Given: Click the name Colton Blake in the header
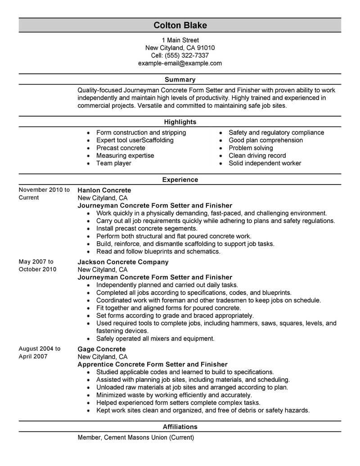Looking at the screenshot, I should coord(180,25).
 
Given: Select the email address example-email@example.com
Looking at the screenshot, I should coord(180,63).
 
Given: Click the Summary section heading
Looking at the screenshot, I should coord(180,79).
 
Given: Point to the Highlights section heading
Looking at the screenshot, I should coord(180,122).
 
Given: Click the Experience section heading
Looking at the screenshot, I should coord(180,180).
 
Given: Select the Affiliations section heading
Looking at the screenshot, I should coord(180,426).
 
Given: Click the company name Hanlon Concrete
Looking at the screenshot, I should coord(104,190).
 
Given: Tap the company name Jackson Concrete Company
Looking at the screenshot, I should coord(123,262).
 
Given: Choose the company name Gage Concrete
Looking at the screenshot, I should coord(102,349).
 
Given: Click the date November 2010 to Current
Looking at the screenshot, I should coord(44,194).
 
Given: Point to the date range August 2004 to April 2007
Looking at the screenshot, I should coord(40,353).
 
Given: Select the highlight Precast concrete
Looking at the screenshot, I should coord(121,148).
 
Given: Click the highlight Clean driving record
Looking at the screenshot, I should coord(257,155).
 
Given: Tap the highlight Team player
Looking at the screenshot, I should coord(114,163).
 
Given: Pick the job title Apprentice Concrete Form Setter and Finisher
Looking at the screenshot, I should coord(153,364).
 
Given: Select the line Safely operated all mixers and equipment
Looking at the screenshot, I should coord(155,338).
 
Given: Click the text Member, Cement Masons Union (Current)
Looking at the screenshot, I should coord(135,437).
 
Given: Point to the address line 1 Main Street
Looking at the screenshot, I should coord(180,40).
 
